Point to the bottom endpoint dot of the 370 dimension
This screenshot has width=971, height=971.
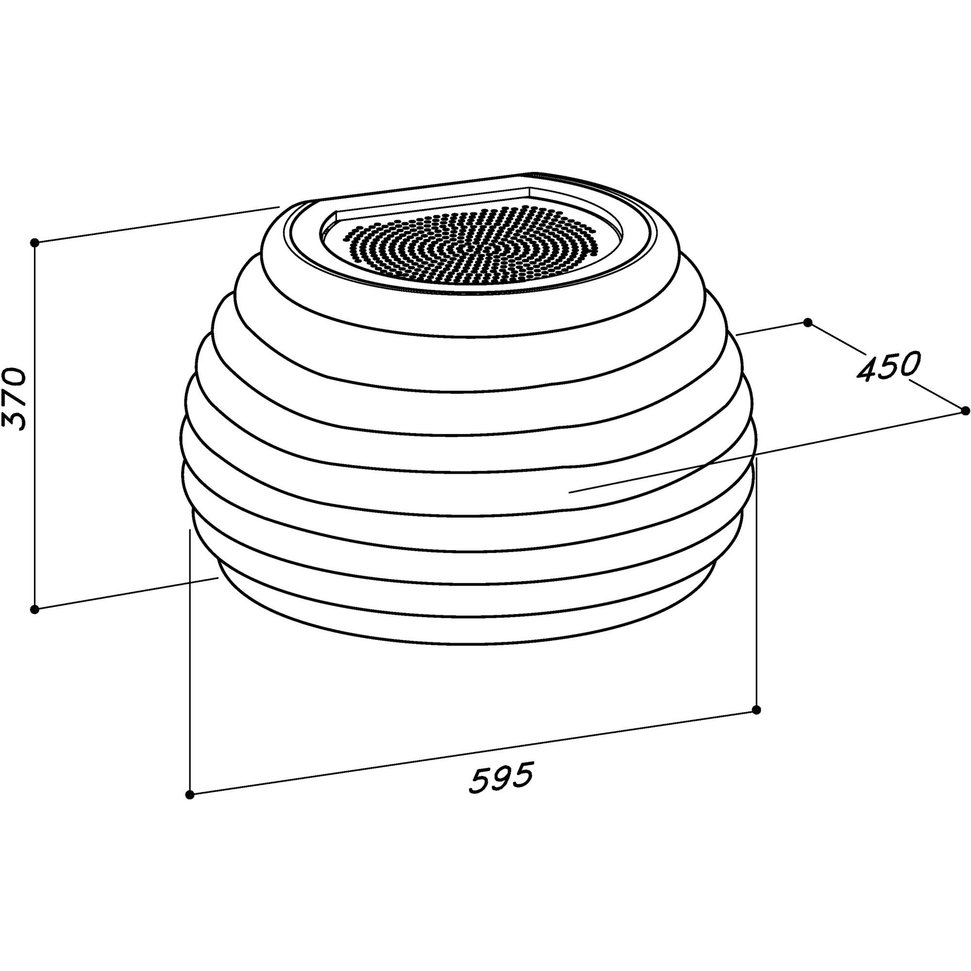click(x=34, y=610)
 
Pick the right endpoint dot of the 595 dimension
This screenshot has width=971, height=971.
click(x=757, y=710)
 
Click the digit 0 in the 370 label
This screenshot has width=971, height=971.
click(x=15, y=377)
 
